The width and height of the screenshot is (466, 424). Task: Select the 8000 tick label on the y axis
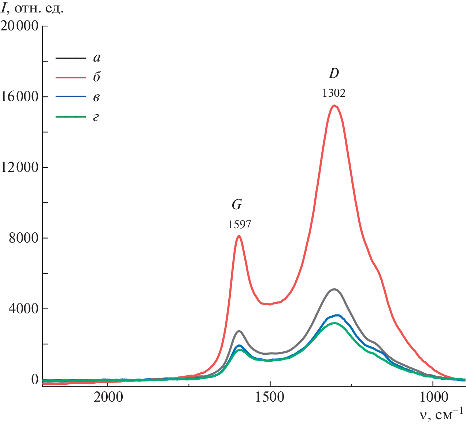(x=24, y=238)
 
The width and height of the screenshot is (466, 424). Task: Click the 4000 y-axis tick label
(x=24, y=309)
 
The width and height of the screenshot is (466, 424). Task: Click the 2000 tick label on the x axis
(x=107, y=397)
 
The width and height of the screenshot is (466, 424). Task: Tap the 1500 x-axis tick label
(x=270, y=397)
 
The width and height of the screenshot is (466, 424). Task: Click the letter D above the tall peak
(x=334, y=74)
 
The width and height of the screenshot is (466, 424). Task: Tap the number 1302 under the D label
(x=334, y=93)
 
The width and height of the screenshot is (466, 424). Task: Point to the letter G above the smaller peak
(x=237, y=205)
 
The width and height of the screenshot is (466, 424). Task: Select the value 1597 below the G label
(x=240, y=224)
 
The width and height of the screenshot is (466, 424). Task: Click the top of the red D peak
(x=334, y=106)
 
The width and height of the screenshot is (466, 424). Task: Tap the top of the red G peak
(x=239, y=236)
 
